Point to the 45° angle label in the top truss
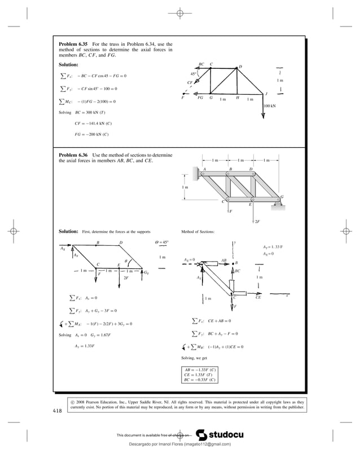click(194, 74)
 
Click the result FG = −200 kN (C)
click(91, 134)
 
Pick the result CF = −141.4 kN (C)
click(93, 123)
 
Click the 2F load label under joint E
click(257, 222)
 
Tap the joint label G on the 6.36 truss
click(282, 196)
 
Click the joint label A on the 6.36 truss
click(204, 169)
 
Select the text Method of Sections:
click(197, 232)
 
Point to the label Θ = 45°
click(161, 242)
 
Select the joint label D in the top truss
click(240, 66)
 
